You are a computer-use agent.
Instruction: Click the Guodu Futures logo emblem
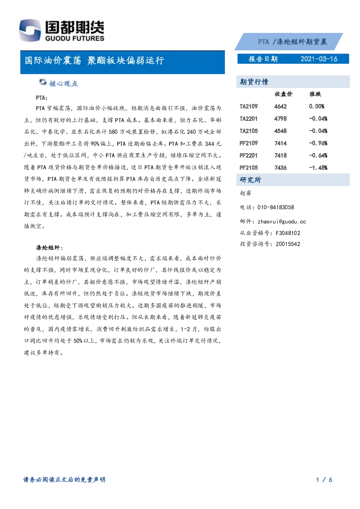pos(30,30)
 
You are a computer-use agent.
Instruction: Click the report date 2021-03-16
pos(319,59)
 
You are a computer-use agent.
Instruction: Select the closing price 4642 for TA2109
pos(281,106)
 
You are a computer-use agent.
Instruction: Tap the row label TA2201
pos(249,119)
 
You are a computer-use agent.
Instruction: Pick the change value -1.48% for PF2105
pos(318,168)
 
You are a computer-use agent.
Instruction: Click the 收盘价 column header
pos(283,94)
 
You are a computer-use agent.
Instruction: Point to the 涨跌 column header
pos(315,94)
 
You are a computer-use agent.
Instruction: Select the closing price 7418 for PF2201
pos(281,155)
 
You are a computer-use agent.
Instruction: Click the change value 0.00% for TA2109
pos(316,106)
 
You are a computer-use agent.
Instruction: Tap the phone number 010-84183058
pos(276,207)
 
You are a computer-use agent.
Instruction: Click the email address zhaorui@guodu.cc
pos(282,222)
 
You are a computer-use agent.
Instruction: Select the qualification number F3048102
pos(288,233)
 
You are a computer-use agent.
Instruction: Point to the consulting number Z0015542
pos(288,244)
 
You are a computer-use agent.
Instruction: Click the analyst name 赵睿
pos(246,193)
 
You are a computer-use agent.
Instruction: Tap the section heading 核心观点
pos(64,83)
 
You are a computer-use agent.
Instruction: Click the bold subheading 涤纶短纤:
pos(49,247)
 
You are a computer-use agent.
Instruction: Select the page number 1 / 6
pos(324,480)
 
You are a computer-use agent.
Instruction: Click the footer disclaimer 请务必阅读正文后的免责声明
pos(64,480)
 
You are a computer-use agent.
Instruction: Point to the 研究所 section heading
pos(250,180)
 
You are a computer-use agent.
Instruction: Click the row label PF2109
pos(249,143)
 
